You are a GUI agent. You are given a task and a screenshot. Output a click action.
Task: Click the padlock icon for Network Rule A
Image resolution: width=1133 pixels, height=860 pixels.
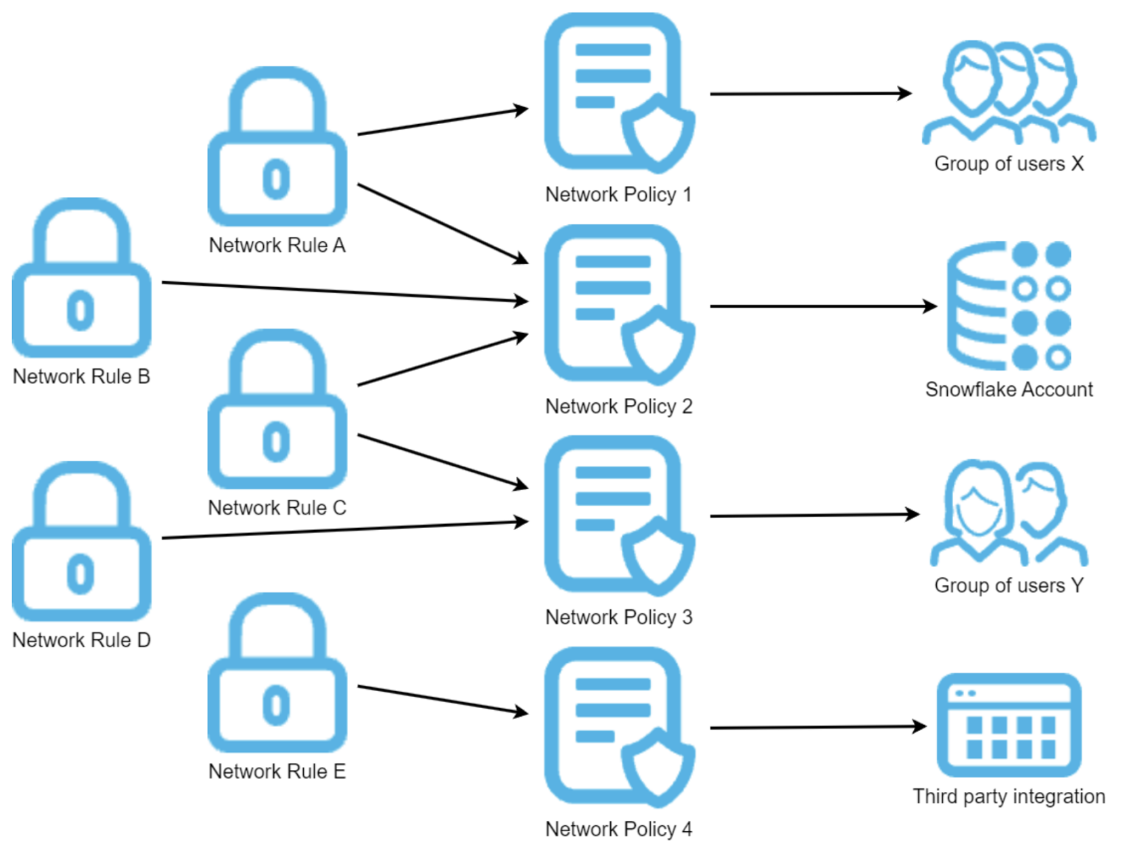277,148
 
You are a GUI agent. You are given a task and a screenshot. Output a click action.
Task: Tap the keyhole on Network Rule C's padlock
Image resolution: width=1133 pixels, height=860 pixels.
276,441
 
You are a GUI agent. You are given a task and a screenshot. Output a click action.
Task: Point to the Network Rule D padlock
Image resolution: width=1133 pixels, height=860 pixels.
81,543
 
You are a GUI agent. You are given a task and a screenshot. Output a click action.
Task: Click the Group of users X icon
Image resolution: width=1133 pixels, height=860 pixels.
1008,92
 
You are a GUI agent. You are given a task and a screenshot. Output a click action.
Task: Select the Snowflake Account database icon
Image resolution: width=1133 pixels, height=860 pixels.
1008,306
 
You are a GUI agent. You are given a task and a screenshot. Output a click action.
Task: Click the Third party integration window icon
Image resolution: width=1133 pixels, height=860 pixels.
1008,725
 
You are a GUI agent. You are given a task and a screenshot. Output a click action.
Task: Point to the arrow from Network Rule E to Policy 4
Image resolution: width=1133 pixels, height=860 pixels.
443,700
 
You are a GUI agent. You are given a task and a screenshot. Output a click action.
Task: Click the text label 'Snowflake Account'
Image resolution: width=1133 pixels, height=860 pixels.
1008,390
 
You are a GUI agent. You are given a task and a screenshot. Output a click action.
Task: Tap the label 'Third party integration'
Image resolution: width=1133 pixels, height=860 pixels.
1008,797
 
